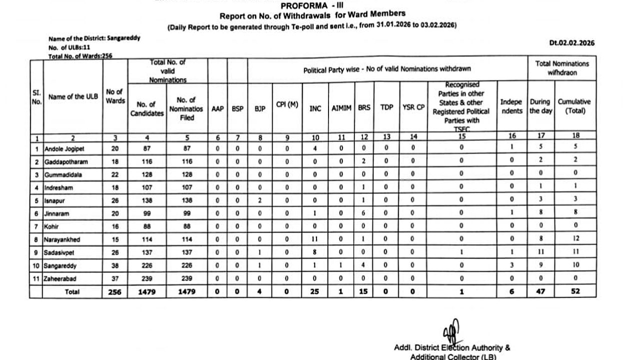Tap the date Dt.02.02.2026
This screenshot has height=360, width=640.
572,43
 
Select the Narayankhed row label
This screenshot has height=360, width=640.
62,239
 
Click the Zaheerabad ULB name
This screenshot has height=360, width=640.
60,278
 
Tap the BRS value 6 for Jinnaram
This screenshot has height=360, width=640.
364,213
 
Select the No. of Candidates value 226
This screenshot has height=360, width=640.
147,265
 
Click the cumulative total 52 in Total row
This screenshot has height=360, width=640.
575,291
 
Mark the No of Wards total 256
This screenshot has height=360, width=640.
115,292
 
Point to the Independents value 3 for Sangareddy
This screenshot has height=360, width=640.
511,265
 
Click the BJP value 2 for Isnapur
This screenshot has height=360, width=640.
259,200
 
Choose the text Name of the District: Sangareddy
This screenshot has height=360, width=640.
94,38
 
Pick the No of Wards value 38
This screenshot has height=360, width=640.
115,265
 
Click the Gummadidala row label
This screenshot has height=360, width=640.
63,174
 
